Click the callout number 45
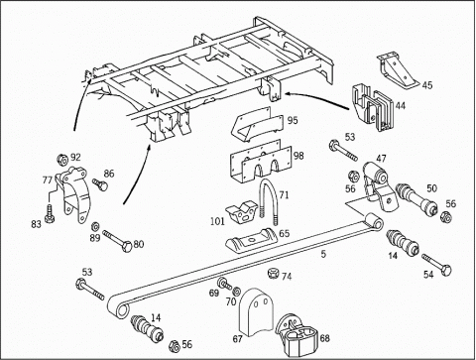click(x=427, y=85)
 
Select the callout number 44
click(x=400, y=106)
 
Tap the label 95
click(x=293, y=120)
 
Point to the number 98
click(x=298, y=156)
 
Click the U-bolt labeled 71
click(x=269, y=200)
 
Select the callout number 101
click(x=217, y=221)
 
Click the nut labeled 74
click(x=272, y=274)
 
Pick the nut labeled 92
click(x=62, y=160)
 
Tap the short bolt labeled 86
click(x=100, y=184)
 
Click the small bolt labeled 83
click(x=50, y=213)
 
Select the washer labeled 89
click(x=94, y=226)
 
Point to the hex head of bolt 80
click(x=128, y=247)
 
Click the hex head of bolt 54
click(x=446, y=270)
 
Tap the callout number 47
click(x=381, y=159)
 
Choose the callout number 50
click(x=431, y=188)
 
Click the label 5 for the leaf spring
click(x=323, y=254)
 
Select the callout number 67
click(x=238, y=339)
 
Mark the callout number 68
click(x=325, y=338)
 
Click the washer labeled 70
click(x=237, y=291)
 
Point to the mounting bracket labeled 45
click(x=397, y=69)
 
